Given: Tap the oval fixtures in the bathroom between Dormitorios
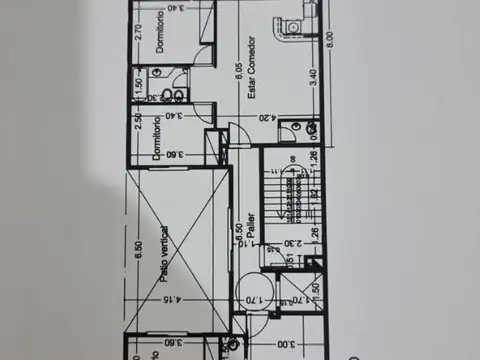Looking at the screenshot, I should pyautogui.click(x=170, y=92).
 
